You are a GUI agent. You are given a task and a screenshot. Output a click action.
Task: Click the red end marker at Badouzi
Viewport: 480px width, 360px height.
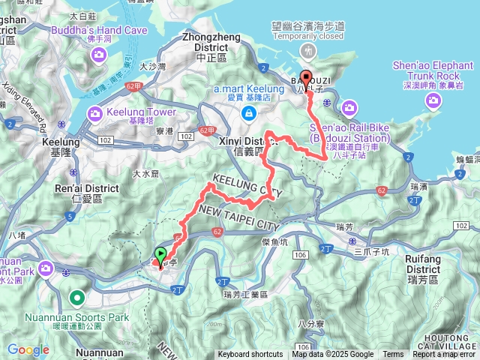[x=306, y=80]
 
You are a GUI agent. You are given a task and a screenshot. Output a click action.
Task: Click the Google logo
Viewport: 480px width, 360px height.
[x=28, y=349]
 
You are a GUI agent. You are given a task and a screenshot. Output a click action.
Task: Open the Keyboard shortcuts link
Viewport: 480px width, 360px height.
[x=250, y=355]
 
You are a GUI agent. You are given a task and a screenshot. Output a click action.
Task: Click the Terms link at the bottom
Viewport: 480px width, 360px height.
[x=393, y=355]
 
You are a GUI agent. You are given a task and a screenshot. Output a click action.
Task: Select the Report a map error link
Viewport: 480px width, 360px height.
[x=443, y=355]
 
